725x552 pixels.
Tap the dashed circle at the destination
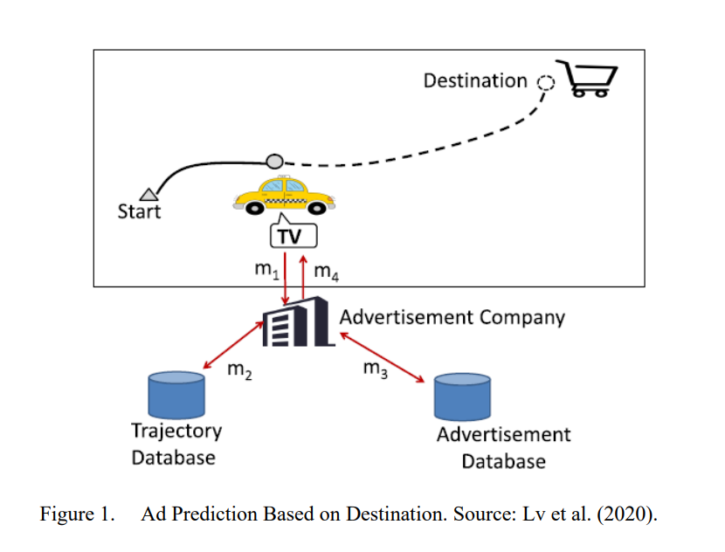pos(546,83)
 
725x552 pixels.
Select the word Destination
pos(475,81)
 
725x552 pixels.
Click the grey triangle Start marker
pos(148,195)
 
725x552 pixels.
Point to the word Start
pos(139,211)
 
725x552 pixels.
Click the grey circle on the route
pos(274,162)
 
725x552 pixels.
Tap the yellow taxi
pos(284,196)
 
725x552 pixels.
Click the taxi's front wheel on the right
pos(317,208)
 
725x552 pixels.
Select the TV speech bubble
pos(293,231)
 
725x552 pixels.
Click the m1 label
pos(266,270)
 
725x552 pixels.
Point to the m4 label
pos(326,272)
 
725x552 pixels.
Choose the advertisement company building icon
pos(298,321)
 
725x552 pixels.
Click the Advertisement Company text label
pos(452,318)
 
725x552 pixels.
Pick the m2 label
pos(239,370)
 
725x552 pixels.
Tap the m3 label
pos(375,369)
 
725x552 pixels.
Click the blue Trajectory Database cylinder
pos(176,395)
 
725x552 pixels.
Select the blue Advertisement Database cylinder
pos(462,397)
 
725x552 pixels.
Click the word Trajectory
pos(176,431)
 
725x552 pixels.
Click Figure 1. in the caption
pos(77,514)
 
